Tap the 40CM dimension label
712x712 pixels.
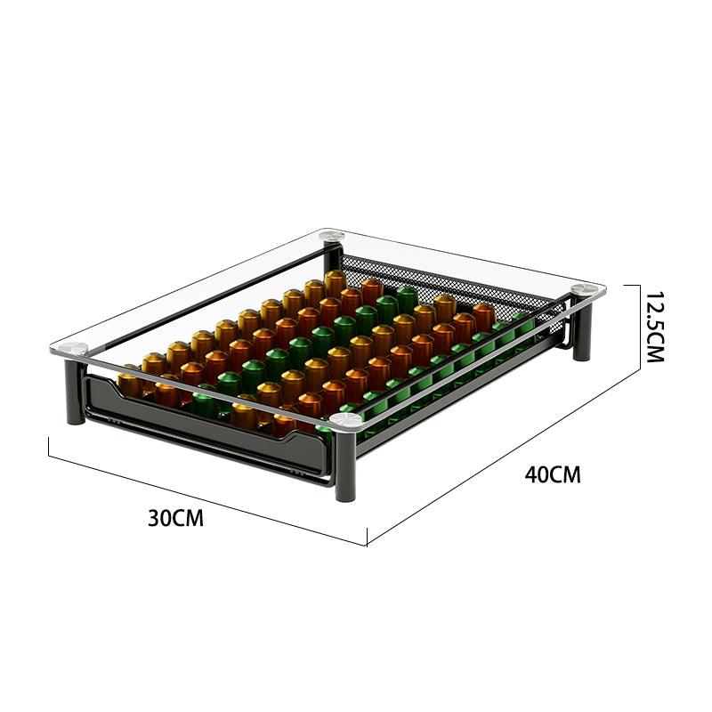[552, 474]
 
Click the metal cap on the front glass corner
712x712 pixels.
[344, 417]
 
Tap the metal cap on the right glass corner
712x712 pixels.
[583, 289]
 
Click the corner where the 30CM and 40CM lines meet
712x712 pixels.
[368, 545]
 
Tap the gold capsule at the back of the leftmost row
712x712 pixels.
[335, 282]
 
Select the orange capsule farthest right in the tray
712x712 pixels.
[483, 314]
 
